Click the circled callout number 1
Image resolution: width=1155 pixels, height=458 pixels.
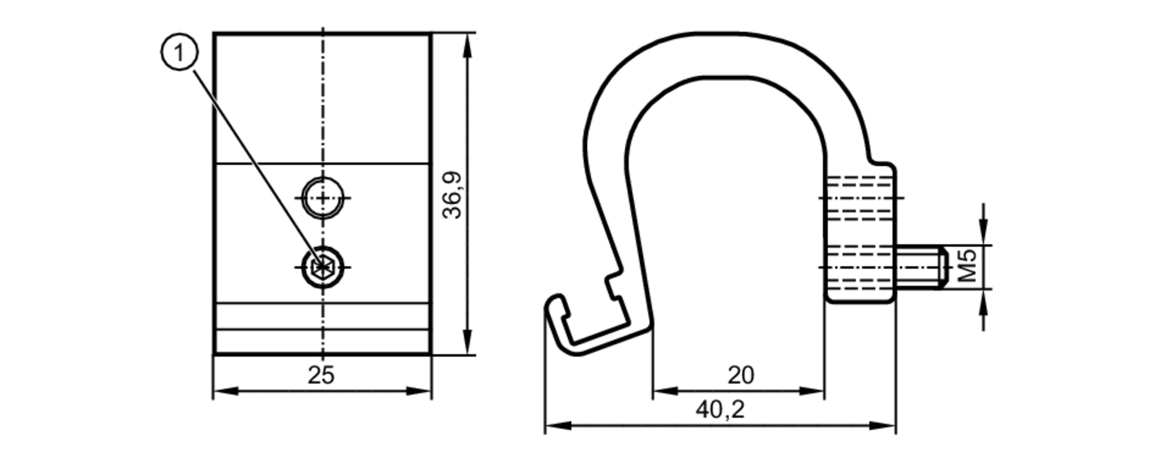[x=179, y=53]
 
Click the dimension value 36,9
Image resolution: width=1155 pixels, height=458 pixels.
[x=452, y=195]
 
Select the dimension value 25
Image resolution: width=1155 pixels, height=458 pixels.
[x=321, y=375]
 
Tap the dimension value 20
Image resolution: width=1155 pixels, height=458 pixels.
[x=740, y=375]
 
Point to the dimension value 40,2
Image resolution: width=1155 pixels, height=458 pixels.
[x=720, y=409]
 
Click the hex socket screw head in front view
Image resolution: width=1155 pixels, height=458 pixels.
[x=322, y=267]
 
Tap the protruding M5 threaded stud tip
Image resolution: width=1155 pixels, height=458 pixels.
[x=938, y=267]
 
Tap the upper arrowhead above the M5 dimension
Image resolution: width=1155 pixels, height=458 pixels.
[x=983, y=234]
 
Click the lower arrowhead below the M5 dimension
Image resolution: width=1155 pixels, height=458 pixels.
[x=983, y=300]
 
